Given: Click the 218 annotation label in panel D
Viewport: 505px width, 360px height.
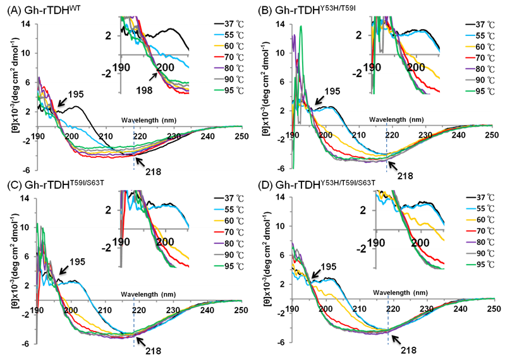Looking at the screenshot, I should coord(409,349).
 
